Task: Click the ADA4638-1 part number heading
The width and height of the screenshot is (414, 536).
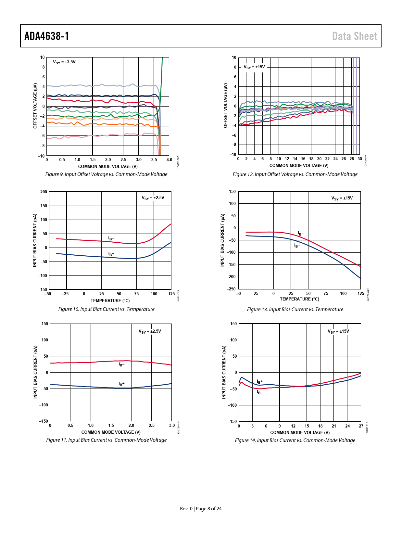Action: (x=47, y=36)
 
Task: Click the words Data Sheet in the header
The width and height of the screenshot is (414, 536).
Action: (x=355, y=36)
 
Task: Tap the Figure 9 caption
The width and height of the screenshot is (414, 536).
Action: (x=106, y=174)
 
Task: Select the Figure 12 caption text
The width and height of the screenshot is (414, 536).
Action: (x=295, y=174)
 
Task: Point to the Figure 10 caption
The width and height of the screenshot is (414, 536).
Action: (x=106, y=309)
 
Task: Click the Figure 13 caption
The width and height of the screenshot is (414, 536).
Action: (x=295, y=310)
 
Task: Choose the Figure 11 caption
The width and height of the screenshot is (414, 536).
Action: (x=106, y=440)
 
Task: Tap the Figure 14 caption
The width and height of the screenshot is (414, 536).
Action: (x=295, y=440)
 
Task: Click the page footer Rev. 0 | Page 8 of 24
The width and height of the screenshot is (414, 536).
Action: (x=201, y=509)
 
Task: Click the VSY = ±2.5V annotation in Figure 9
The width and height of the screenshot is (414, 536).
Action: (x=64, y=62)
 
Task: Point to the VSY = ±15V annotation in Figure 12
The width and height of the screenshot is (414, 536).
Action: (x=254, y=67)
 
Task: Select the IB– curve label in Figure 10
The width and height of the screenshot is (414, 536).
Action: (x=111, y=238)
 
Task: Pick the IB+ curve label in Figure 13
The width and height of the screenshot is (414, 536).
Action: (x=297, y=246)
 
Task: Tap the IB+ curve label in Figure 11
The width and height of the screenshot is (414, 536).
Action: (x=121, y=384)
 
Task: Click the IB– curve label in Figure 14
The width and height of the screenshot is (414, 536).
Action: (x=260, y=392)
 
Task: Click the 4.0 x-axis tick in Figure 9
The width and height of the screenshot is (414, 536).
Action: (x=169, y=160)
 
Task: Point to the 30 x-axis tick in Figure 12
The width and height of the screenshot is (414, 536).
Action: (x=360, y=159)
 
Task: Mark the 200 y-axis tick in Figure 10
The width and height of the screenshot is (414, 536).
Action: (x=44, y=192)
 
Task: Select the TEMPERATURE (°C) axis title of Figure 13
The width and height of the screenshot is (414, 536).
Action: (x=299, y=299)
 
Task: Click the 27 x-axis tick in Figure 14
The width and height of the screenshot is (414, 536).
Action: (x=361, y=426)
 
